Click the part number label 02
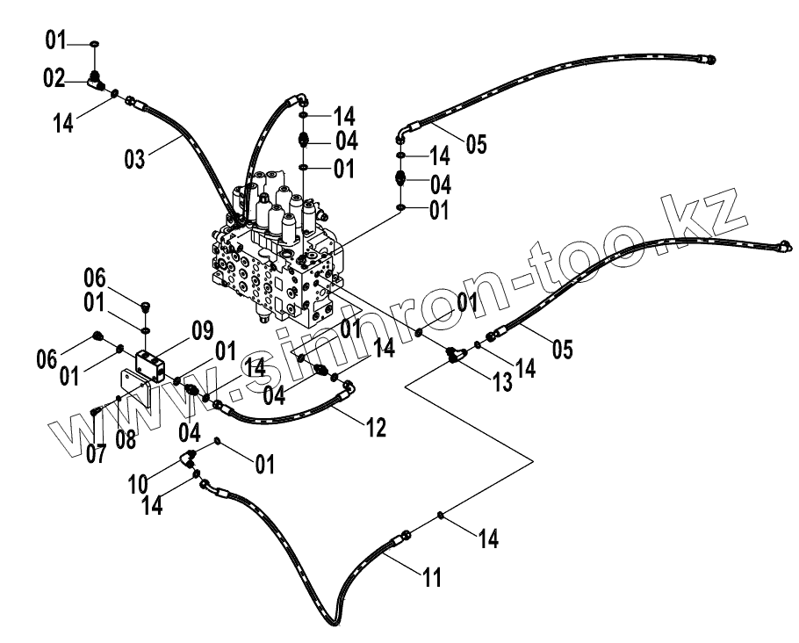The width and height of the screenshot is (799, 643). click(x=55, y=79)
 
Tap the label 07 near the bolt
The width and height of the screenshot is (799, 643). click(x=95, y=453)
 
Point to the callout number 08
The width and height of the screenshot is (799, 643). click(x=125, y=437)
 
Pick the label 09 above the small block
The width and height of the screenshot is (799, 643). click(x=202, y=331)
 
